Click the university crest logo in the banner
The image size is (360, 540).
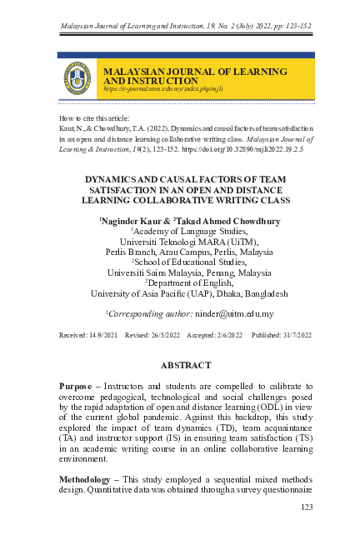[78, 77]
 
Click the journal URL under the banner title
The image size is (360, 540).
[152, 87]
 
